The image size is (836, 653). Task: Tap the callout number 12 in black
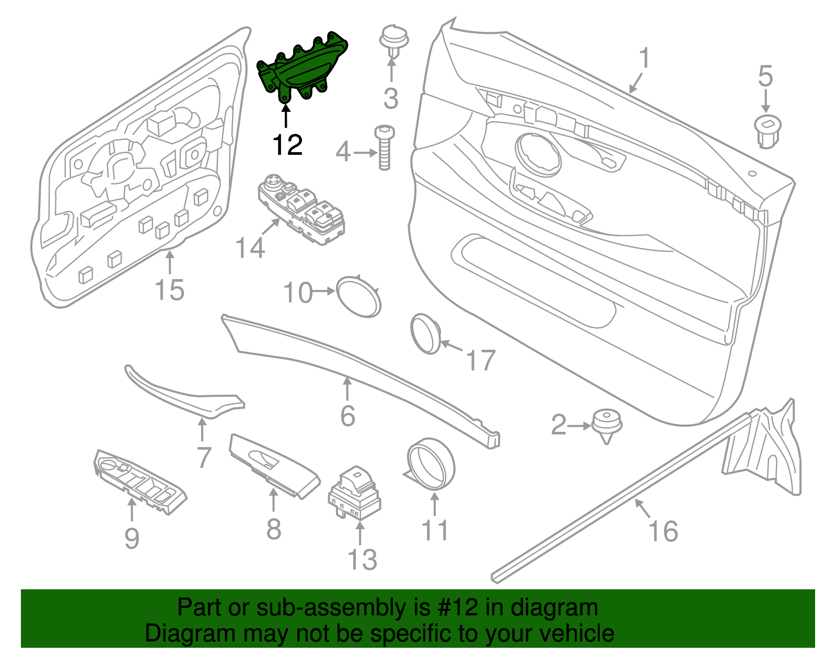(x=287, y=145)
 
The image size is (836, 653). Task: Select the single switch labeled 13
(x=354, y=492)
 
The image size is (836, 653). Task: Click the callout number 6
(x=347, y=416)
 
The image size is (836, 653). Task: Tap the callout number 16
(x=663, y=531)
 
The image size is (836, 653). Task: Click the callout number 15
(x=170, y=290)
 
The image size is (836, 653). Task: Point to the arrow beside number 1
(x=635, y=84)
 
